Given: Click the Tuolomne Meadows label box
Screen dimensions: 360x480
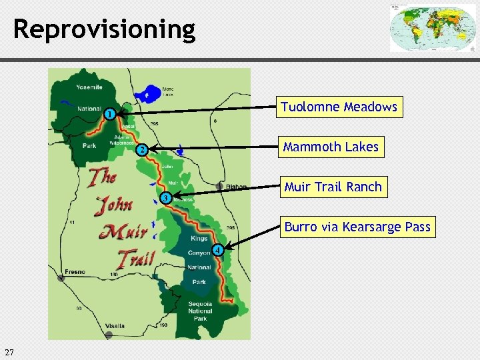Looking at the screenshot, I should pos(339,107).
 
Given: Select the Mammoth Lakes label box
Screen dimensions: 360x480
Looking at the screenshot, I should pos(331,147).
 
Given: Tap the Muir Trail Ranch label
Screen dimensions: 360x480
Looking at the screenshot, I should pos(333,187).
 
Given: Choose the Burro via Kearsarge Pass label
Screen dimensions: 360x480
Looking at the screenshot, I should pos(357,227).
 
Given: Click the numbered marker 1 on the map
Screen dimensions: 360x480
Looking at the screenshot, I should pos(109,113).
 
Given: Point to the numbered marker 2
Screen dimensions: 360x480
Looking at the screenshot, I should pos(141,150).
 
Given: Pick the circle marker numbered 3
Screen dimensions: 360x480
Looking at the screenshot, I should pos(165,198).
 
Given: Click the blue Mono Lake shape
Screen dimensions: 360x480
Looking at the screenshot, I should pos(151,93).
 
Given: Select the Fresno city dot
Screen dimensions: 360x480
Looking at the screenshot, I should pos(61,278).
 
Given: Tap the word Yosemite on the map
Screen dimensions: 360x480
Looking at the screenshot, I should pos(89,87).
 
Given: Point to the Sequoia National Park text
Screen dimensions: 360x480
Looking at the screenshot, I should pos(200,311).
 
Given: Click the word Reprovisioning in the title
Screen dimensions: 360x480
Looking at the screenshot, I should pos(105,29).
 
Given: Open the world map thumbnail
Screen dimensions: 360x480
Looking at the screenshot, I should pos(433,28).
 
